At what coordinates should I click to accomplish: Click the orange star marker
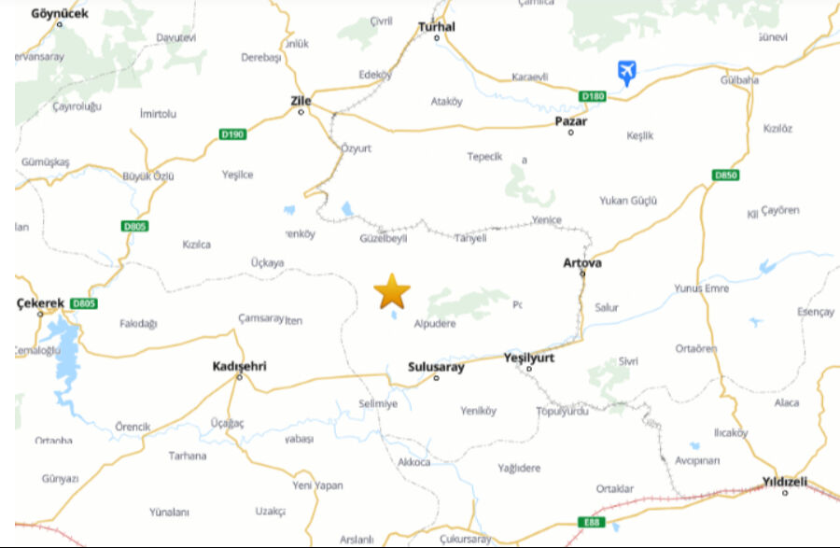[392, 292]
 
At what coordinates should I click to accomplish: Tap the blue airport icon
[627, 71]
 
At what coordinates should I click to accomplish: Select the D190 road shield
[232, 134]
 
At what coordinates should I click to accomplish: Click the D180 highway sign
[593, 96]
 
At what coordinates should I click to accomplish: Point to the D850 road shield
[725, 176]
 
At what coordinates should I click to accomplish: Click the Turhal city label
[437, 27]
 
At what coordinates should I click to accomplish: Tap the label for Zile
[301, 100]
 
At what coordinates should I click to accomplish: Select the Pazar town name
[570, 121]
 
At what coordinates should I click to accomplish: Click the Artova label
[582, 263]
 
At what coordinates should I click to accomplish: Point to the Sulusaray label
[436, 367]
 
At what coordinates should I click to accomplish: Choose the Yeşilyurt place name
[529, 358]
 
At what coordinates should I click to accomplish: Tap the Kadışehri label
[240, 366]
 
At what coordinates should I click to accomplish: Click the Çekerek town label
[40, 303]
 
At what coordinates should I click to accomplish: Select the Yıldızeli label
[785, 483]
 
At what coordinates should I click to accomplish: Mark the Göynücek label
[60, 14]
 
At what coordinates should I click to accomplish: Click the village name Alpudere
[435, 325]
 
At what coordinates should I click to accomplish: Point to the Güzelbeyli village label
[384, 238]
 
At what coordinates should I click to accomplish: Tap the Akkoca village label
[414, 462]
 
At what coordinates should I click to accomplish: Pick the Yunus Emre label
[701, 288]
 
